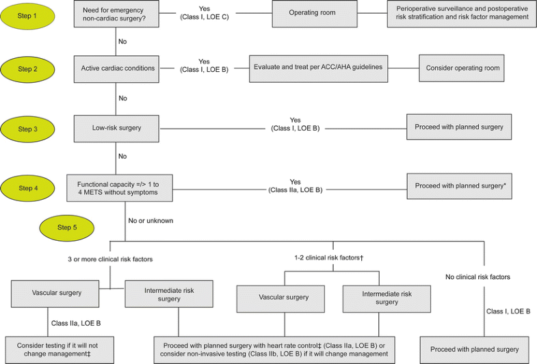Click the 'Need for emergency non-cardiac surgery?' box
coord(117,13)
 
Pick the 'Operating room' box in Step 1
coord(313,13)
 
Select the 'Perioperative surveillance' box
coord(462,13)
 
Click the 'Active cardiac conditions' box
coord(117,68)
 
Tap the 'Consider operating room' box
coord(462,68)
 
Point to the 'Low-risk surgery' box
coord(117,127)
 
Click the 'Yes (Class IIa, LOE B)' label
coord(295,186)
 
